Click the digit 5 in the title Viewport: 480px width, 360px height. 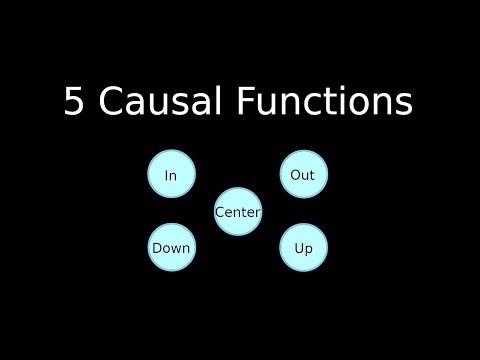coord(74,102)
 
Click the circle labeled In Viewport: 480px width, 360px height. coord(171,175)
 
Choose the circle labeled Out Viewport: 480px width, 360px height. coord(303,175)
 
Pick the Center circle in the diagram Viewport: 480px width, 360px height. coord(238,212)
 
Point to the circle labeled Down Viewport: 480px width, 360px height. coord(171,248)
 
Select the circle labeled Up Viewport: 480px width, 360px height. coord(303,248)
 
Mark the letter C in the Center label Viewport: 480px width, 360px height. coord(220,212)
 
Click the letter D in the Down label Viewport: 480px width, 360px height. coord(156,248)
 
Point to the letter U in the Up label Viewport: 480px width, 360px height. coord(298,248)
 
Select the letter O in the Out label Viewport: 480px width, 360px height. coord(295,175)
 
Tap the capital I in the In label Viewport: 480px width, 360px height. coord(166,175)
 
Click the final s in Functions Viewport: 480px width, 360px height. coord(403,102)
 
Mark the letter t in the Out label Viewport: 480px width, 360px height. coord(312,175)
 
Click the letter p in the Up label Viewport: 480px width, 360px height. coord(309,249)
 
